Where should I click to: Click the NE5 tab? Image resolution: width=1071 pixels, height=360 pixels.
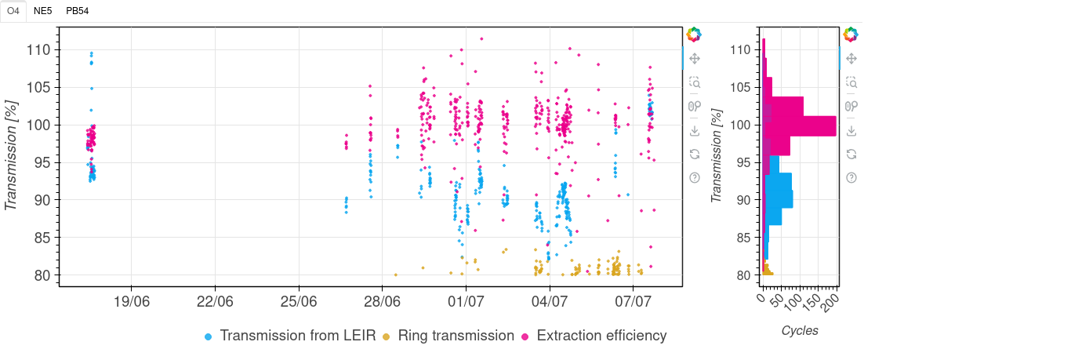(x=43, y=11)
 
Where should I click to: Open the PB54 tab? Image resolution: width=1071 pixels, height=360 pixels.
(x=77, y=11)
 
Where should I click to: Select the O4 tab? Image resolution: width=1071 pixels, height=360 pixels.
(x=13, y=11)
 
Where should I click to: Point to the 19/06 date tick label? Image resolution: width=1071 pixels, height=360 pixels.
(x=131, y=301)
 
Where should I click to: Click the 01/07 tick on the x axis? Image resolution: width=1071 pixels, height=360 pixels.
(x=466, y=301)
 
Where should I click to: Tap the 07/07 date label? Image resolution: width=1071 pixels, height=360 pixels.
(x=634, y=301)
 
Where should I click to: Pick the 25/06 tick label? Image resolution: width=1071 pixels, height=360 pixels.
(x=299, y=301)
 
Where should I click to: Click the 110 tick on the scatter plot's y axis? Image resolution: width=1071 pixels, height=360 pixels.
(x=40, y=49)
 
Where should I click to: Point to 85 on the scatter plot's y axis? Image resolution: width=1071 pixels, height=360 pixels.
(x=43, y=238)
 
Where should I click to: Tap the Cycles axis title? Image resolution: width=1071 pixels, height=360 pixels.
(x=800, y=331)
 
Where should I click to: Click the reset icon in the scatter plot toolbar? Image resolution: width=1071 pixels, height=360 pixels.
(x=694, y=154)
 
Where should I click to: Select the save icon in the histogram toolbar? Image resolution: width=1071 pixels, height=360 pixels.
(x=851, y=130)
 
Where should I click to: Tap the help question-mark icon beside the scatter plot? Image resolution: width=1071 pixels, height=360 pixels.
(x=694, y=177)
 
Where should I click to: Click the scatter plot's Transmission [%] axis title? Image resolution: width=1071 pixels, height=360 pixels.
(x=12, y=155)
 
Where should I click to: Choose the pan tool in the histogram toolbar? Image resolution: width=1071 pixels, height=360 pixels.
(x=851, y=58)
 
